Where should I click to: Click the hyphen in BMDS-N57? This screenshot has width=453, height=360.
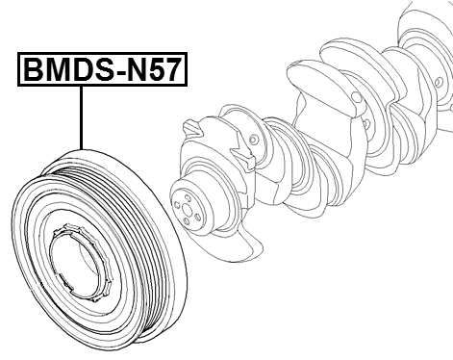[113, 73]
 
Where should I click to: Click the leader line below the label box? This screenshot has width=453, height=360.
[83, 116]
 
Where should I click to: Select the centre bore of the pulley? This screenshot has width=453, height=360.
[85, 260]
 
